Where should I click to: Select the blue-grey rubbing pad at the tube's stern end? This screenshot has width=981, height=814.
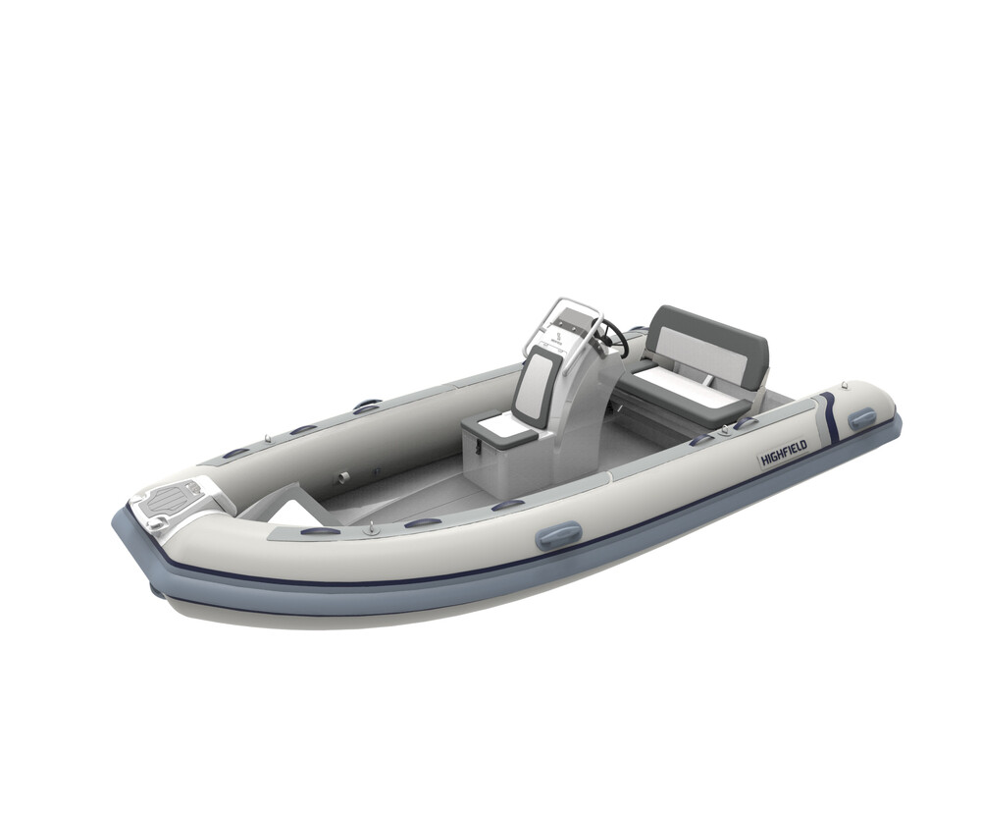862,418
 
